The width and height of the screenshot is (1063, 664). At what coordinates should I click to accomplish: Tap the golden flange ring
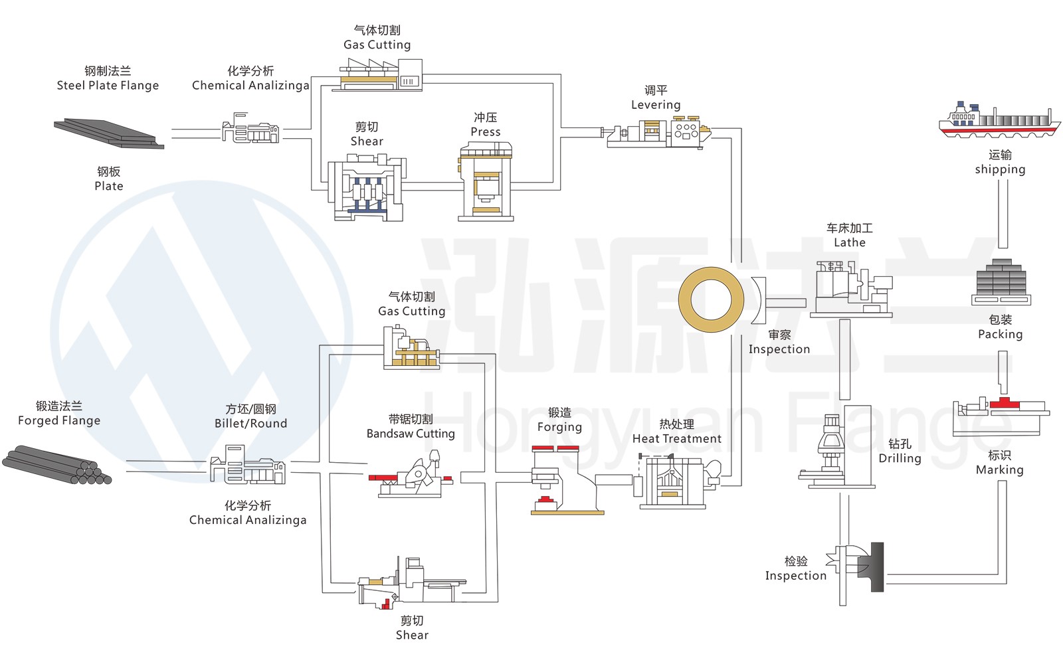[711, 299]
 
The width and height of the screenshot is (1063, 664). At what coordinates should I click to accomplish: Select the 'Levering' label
[656, 105]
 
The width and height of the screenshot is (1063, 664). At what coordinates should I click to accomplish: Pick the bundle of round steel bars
[56, 465]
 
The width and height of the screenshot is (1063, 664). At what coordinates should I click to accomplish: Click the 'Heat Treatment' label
[676, 439]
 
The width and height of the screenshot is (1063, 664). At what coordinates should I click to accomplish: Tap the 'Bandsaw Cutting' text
[411, 434]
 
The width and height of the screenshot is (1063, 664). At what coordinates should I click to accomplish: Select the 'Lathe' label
[850, 243]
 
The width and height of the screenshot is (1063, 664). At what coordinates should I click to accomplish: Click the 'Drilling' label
[900, 458]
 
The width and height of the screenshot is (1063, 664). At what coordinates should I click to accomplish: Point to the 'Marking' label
[999, 470]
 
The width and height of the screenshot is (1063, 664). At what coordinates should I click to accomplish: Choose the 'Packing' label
[1000, 334]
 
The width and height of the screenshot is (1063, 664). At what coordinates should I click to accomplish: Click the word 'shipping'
[1000, 169]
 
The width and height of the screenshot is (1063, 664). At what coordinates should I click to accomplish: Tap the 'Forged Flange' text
[59, 420]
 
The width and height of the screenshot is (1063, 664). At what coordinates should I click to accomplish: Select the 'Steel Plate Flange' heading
[108, 86]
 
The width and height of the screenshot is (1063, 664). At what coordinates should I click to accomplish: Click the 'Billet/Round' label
[250, 424]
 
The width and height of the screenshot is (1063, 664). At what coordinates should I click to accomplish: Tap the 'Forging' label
[559, 427]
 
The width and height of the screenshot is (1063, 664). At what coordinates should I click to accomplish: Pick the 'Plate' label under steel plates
[109, 187]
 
